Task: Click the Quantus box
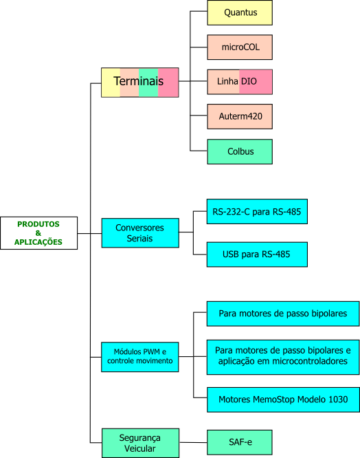(x=240, y=12)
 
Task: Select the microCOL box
(x=240, y=47)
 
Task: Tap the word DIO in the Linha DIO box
(x=249, y=81)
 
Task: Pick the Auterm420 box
(x=240, y=116)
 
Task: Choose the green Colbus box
(x=240, y=151)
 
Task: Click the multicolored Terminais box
(x=140, y=83)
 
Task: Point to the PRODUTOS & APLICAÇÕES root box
(x=38, y=233)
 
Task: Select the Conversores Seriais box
(x=140, y=233)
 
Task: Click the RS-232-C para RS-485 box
(x=257, y=212)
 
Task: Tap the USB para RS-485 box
(x=257, y=254)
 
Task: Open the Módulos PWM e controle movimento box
(x=140, y=357)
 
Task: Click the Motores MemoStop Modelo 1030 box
(x=283, y=400)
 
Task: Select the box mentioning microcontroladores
(x=283, y=357)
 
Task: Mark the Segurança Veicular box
(x=140, y=443)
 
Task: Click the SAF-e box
(x=240, y=442)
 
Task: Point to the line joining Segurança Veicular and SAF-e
(x=194, y=442)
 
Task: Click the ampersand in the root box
(x=38, y=233)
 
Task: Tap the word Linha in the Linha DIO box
(x=227, y=81)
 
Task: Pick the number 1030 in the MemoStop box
(x=338, y=400)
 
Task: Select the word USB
(x=231, y=254)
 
